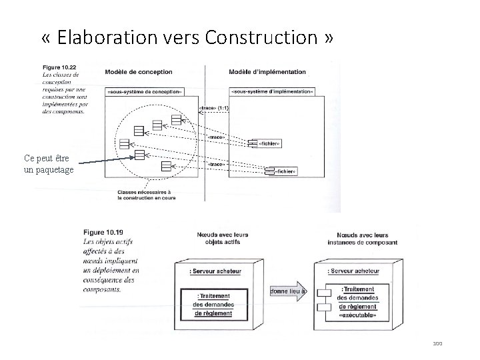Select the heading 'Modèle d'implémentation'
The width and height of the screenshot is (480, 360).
click(267, 72)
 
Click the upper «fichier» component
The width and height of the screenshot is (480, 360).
click(263, 143)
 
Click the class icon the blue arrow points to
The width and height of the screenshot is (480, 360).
click(139, 155)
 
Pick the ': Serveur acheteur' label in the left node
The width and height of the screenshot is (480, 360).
click(215, 271)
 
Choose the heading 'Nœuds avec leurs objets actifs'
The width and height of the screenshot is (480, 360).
click(215, 238)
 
